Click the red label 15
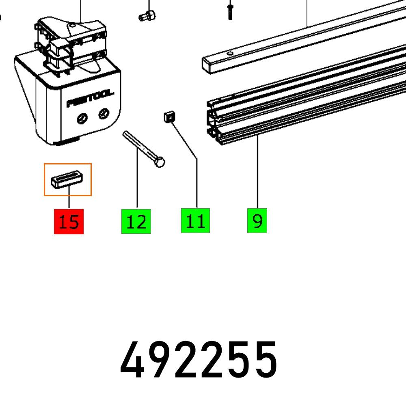pyautogui.click(x=69, y=222)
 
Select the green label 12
pyautogui.click(x=136, y=222)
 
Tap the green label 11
pyautogui.click(x=195, y=221)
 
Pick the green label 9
pyautogui.click(x=257, y=221)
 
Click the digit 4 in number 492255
pyautogui.click(x=133, y=361)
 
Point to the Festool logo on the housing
pyautogui.click(x=90, y=99)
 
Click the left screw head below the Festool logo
pyautogui.click(x=83, y=118)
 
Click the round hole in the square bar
pyautogui.click(x=230, y=53)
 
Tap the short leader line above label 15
pyautogui.click(x=69, y=201)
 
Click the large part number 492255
pyautogui.click(x=199, y=361)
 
